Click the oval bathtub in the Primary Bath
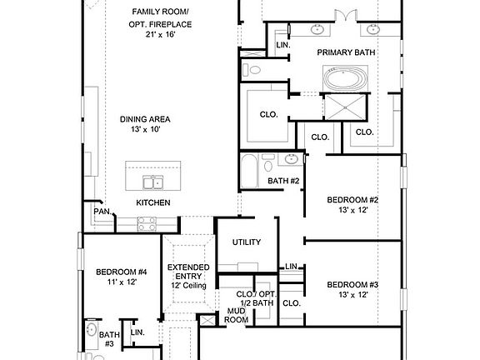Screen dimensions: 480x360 click(346, 77)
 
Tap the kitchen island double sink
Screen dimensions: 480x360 click(153, 182)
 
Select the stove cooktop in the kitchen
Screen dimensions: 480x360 click(147, 224)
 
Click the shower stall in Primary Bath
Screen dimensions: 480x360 click(345, 107)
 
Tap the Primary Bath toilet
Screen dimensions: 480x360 click(252, 70)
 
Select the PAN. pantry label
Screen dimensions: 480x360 click(102, 212)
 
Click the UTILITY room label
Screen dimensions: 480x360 click(247, 242)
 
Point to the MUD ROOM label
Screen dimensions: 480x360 click(236, 315)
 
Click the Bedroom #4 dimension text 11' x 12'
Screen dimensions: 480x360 click(122, 282)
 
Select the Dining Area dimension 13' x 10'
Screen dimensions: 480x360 click(145, 129)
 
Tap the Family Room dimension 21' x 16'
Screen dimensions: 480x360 click(160, 34)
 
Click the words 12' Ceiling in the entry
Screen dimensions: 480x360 click(188, 286)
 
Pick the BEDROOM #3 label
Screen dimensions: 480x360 click(352, 285)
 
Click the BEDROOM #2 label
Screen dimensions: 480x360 click(352, 200)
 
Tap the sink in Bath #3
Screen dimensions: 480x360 click(91, 330)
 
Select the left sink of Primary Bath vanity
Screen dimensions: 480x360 click(317, 30)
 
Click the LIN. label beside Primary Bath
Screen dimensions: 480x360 click(283, 45)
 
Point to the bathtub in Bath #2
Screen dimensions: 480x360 click(249, 171)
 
